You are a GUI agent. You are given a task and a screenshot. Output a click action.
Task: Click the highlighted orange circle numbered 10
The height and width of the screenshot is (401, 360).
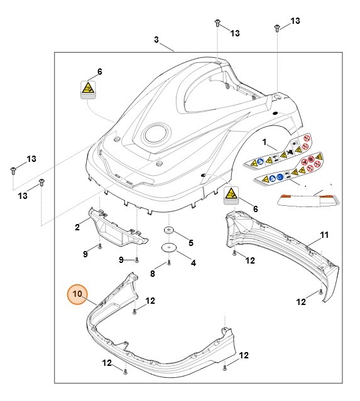[x=77, y=294]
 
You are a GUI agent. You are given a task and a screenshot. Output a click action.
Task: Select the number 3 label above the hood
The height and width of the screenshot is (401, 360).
[x=156, y=40]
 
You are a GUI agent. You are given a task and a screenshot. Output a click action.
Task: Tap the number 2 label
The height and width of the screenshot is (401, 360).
[x=77, y=227]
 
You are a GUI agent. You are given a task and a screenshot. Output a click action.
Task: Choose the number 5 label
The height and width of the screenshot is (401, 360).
[x=191, y=242]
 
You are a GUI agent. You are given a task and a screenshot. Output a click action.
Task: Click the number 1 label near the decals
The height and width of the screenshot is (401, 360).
[x=265, y=142]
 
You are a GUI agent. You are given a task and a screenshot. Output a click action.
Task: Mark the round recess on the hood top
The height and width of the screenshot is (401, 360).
[x=155, y=133]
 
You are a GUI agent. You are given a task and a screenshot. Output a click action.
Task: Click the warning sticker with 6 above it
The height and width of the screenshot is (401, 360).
[x=89, y=89]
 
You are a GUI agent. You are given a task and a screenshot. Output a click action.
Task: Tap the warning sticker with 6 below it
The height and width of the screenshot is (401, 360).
[x=232, y=195]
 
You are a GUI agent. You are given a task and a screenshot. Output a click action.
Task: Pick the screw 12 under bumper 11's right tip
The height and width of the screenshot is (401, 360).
[x=321, y=292]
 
